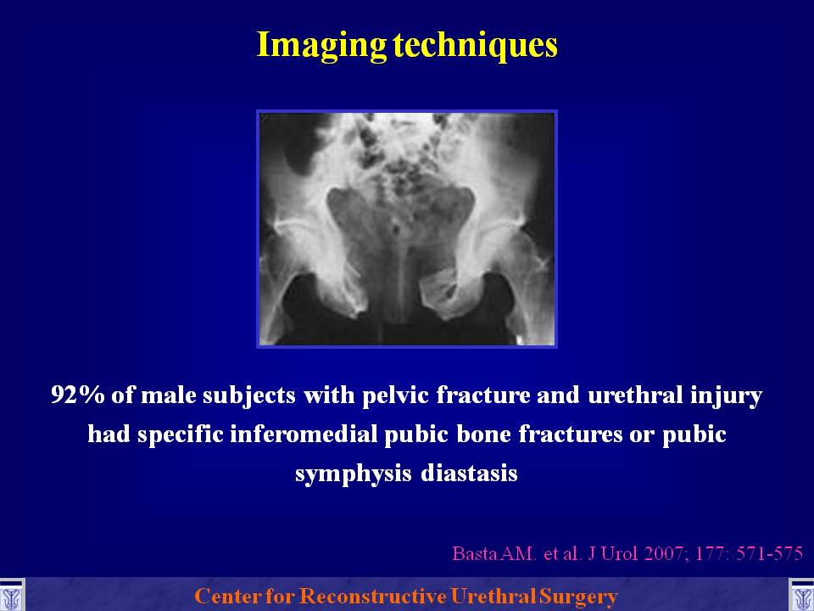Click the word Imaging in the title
click(321, 46)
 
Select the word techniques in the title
click(476, 44)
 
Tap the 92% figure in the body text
click(77, 395)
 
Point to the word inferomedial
click(304, 434)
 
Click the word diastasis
click(469, 474)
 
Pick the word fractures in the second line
click(571, 434)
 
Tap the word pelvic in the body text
click(395, 395)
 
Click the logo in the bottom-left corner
click(11, 596)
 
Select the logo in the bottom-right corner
click(801, 596)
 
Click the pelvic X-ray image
click(407, 228)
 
